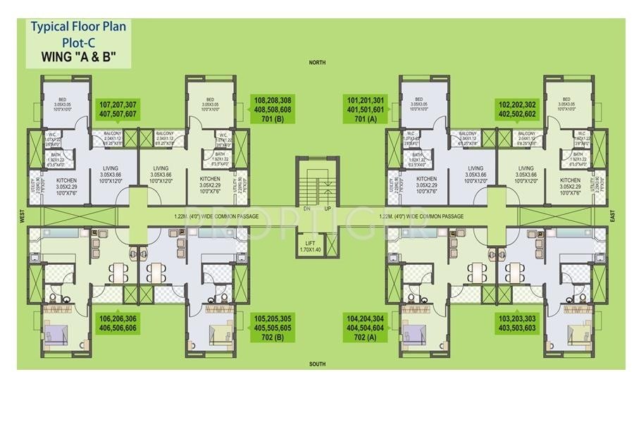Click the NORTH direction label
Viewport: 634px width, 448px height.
317,63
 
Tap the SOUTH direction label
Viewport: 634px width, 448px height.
317,364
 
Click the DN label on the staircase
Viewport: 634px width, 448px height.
306,209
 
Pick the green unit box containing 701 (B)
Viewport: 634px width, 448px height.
273,108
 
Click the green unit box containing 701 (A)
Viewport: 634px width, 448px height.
364,108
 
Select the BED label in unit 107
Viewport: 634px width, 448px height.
61,99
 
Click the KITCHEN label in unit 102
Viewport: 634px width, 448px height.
570,180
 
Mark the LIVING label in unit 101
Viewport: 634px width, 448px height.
475,168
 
